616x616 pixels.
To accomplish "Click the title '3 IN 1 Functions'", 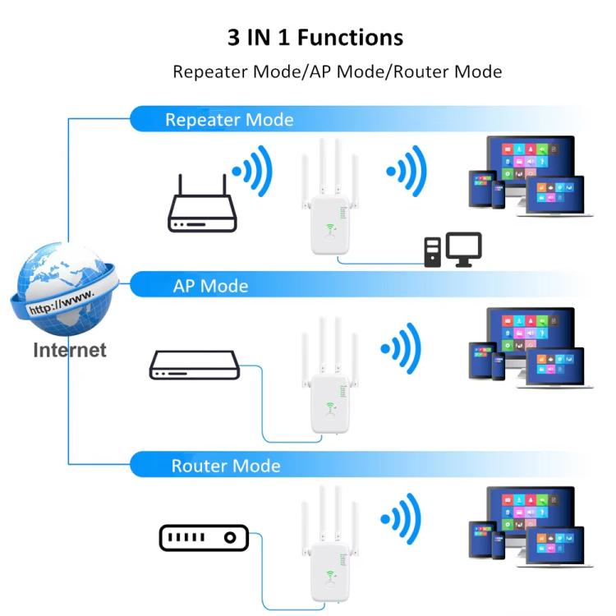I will tap(315, 38).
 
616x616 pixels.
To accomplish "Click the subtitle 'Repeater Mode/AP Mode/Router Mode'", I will tap(337, 71).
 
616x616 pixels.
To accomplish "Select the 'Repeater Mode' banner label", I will tap(228, 120).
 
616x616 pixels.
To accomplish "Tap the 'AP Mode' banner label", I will tap(210, 286).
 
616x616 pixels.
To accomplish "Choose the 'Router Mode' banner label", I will tap(225, 467).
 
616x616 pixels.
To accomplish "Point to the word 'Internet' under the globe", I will tap(69, 351).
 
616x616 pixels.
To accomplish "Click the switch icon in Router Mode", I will tap(202, 539).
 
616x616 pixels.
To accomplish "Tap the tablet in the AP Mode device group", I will tap(482, 360).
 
